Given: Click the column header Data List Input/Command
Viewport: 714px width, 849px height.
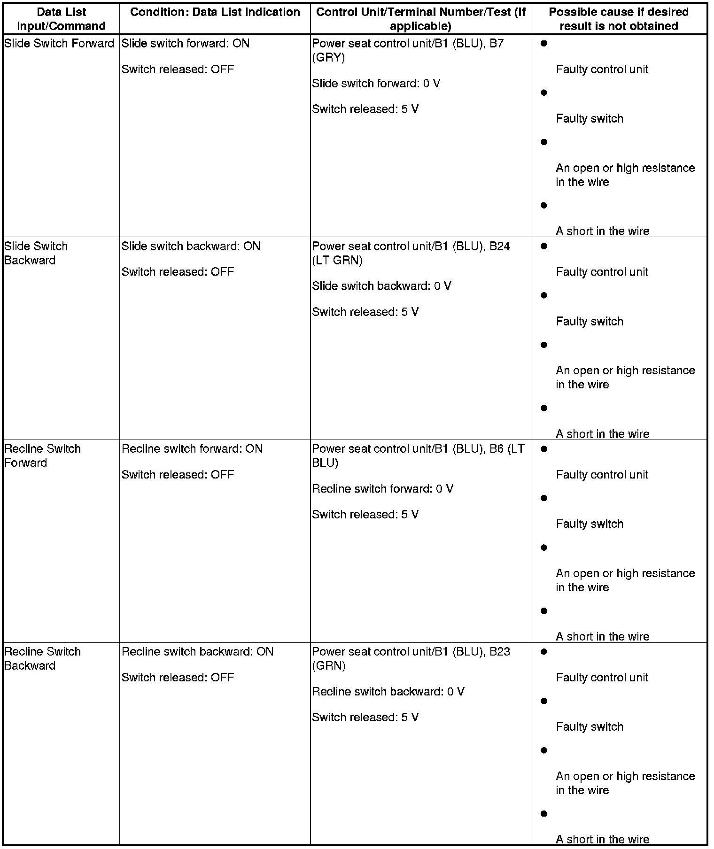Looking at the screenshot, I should (x=61, y=19).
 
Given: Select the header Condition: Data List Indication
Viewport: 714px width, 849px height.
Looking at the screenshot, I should (x=215, y=12).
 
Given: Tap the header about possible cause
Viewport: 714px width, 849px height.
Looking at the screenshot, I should (x=619, y=19).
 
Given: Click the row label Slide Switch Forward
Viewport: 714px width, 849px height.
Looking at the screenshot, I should (x=59, y=44).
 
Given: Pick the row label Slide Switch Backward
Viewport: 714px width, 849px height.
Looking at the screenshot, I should (x=36, y=253).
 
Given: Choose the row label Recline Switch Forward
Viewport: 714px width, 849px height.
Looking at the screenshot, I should (x=42, y=455).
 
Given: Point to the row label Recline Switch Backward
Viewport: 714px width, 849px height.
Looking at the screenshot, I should (x=42, y=658).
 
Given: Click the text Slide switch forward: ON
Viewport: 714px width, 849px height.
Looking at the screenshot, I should (x=186, y=44).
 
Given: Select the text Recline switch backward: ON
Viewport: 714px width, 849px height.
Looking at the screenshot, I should (x=197, y=652).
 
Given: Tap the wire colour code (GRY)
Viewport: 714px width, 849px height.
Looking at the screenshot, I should (x=328, y=58).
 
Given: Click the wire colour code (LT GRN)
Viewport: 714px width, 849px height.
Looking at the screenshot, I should (x=337, y=261).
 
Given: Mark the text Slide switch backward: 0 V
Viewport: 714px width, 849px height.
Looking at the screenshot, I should (x=381, y=286).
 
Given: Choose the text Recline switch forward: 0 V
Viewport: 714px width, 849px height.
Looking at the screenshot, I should (x=382, y=489).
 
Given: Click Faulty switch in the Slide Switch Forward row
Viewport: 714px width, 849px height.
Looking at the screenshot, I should (x=590, y=119).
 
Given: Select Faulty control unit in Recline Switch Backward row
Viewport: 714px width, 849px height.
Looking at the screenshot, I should (x=602, y=678).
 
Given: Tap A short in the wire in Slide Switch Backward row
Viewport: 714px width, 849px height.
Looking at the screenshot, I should (x=602, y=434).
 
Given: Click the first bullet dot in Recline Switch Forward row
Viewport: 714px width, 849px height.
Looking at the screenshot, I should (x=544, y=449).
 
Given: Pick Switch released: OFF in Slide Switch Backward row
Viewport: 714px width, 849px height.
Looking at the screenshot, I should (x=178, y=272).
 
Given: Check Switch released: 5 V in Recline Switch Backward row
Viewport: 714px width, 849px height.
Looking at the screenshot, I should (x=365, y=718).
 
